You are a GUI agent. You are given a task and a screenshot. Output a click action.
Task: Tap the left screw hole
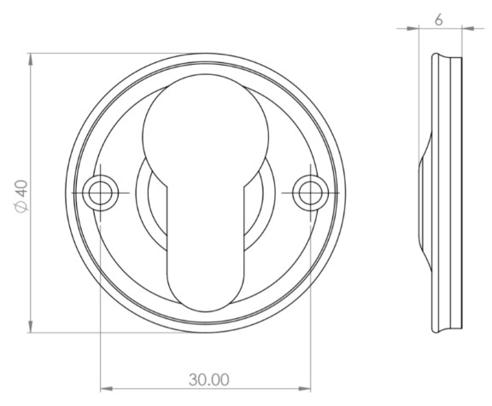(x=101, y=194)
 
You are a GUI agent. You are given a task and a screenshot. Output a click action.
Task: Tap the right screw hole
(x=308, y=194)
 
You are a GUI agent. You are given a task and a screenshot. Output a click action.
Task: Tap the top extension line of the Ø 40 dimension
(x=102, y=54)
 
